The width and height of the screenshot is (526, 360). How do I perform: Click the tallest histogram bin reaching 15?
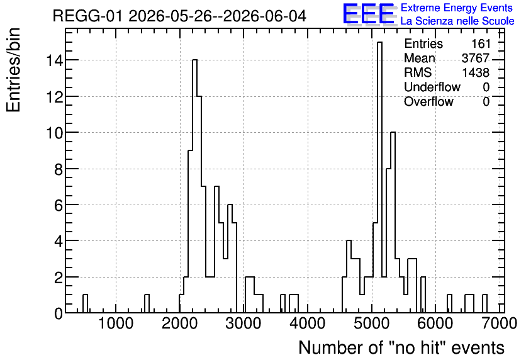(x=380, y=177)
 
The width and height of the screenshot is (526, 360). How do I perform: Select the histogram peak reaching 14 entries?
(x=194, y=186)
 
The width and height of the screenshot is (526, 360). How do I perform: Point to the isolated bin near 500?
(x=85, y=303)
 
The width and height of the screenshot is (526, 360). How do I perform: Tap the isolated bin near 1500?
(x=147, y=303)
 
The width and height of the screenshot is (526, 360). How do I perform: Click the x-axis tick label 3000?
(x=243, y=323)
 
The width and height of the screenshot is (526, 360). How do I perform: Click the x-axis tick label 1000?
(x=116, y=323)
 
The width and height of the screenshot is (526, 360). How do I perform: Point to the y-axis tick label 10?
(x=54, y=133)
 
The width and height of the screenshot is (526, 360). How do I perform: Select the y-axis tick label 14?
(x=54, y=60)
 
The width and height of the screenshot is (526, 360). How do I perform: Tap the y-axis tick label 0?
(x=59, y=313)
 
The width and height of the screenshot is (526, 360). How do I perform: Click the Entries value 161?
(x=481, y=43)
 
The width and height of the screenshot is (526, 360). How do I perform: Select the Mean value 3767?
(x=476, y=58)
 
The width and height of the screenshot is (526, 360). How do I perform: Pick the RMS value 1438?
(x=476, y=72)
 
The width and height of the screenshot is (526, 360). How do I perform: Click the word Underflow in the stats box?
(x=432, y=87)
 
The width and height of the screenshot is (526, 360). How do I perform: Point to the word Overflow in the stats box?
(x=428, y=101)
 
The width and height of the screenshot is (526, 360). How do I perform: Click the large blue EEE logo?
(x=369, y=14)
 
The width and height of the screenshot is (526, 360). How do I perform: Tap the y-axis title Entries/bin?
(x=13, y=70)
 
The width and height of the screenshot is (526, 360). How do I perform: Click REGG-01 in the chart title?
(x=88, y=16)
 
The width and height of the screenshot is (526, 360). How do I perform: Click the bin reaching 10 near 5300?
(x=393, y=222)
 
